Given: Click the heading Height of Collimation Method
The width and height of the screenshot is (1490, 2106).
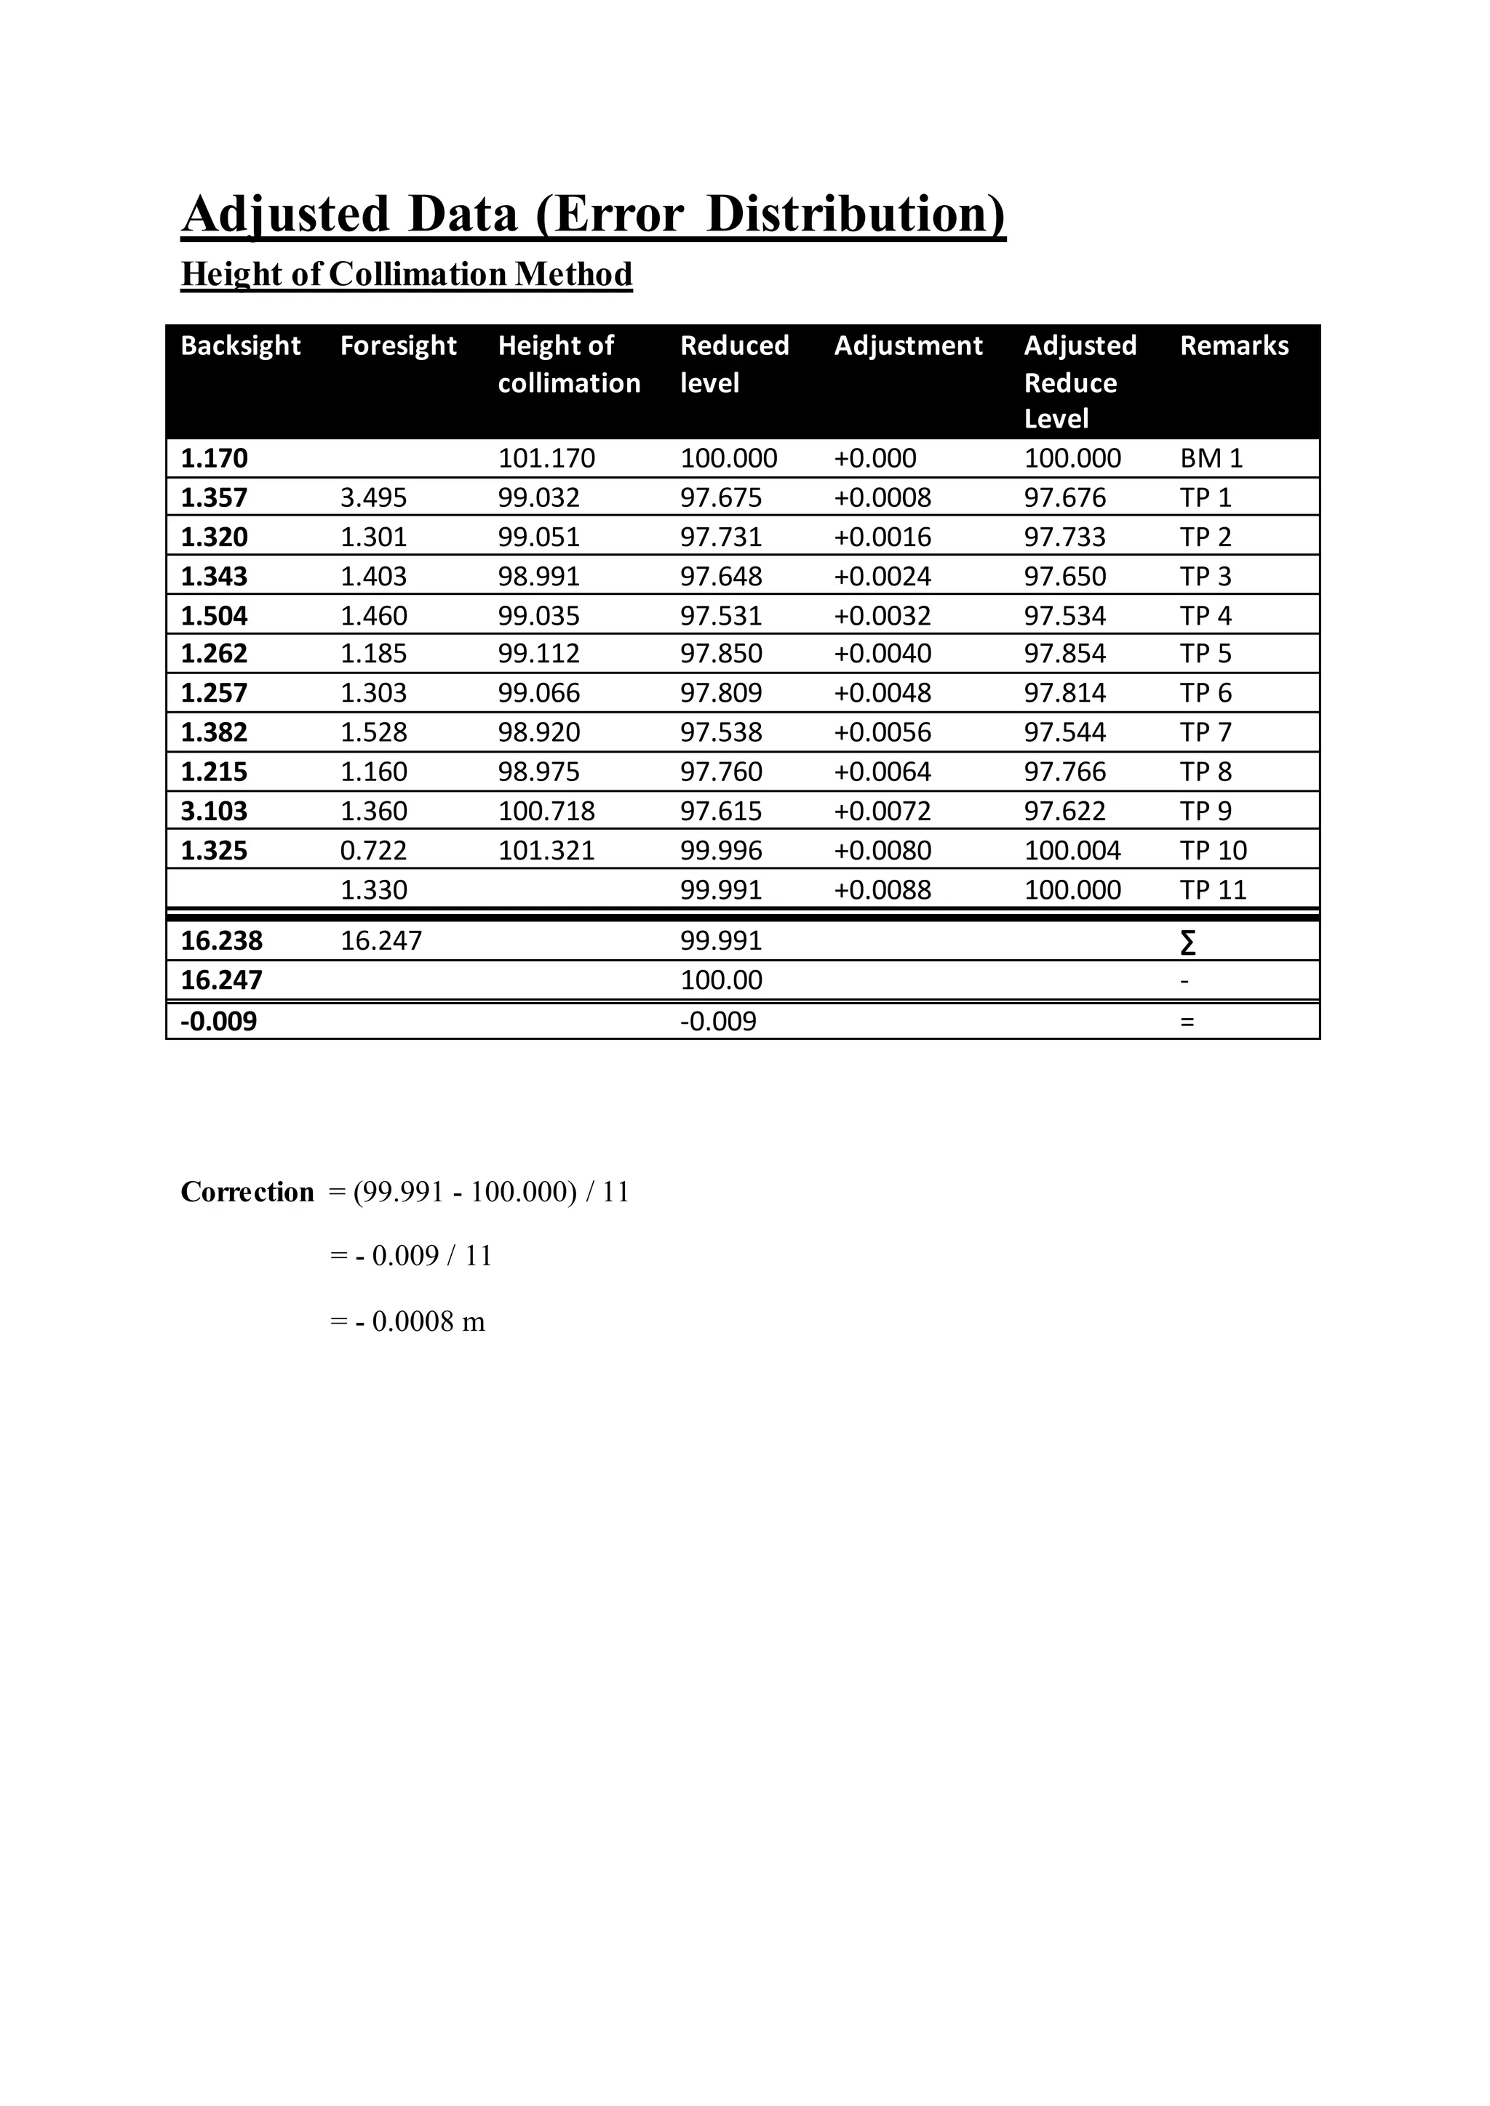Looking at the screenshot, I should click(x=407, y=274).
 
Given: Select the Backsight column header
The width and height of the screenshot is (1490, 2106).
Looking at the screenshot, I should click(x=240, y=346).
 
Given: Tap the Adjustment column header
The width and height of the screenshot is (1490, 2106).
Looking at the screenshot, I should click(x=907, y=346).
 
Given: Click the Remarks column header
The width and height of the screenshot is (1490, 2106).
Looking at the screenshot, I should click(x=1233, y=346).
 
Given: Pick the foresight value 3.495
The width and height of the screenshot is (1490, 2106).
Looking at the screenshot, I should click(x=373, y=498).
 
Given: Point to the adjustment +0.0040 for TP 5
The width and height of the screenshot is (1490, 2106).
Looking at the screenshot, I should click(x=882, y=654).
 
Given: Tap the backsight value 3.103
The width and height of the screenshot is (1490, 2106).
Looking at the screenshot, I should click(x=214, y=812).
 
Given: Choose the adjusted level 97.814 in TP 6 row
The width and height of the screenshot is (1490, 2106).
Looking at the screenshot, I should click(x=1064, y=694).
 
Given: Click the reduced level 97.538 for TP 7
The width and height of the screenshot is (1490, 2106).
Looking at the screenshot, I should click(x=720, y=733).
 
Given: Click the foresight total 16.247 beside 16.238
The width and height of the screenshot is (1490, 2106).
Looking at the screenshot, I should click(x=381, y=941).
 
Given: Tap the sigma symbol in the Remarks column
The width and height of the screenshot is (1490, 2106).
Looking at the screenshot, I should click(x=1187, y=942).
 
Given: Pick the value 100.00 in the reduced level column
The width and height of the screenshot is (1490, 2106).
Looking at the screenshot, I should click(x=720, y=980).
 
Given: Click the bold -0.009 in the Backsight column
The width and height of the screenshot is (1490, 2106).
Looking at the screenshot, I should click(x=218, y=1022).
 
